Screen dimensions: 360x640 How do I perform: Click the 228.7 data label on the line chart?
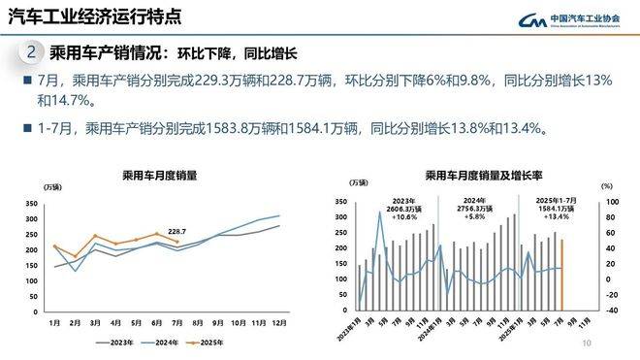[x=176, y=231]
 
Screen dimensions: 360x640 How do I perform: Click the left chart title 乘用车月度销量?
[x=159, y=176]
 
